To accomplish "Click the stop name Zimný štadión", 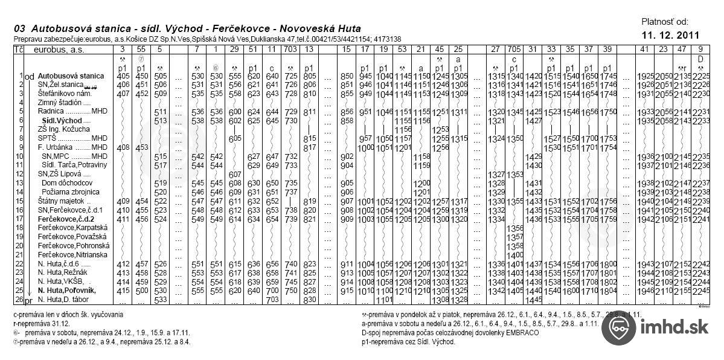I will point(60,103).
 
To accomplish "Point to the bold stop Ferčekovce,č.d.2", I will point(67,218).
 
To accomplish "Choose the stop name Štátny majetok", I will point(60,201).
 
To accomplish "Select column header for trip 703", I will point(290,49).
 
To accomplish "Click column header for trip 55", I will point(141,49).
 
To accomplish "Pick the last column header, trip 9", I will point(700,49).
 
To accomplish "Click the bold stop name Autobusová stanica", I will point(71,77).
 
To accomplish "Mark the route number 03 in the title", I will point(19,28).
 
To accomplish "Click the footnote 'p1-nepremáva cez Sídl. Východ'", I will point(409,341).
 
